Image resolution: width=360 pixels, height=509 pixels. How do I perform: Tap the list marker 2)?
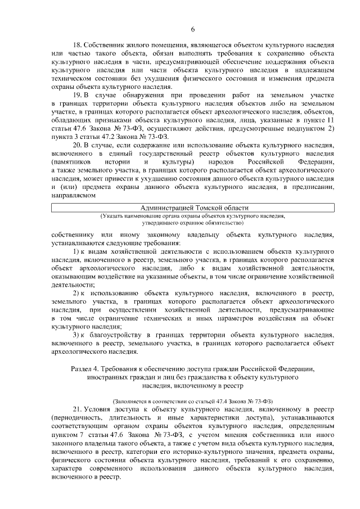tap(78, 294)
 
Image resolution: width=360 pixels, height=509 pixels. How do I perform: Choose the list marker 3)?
tap(78, 335)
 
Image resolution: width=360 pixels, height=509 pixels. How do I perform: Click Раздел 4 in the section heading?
tap(85, 368)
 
